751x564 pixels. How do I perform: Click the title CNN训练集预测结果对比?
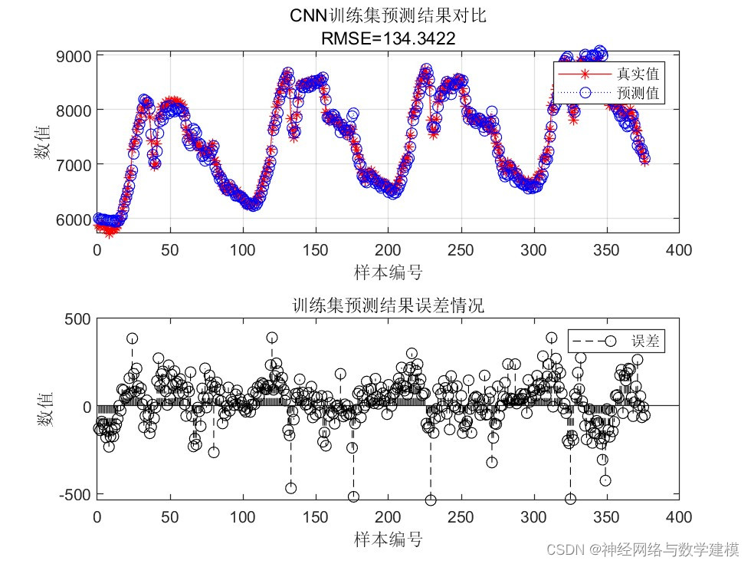[x=388, y=16]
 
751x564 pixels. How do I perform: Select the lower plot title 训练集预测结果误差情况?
[x=388, y=305]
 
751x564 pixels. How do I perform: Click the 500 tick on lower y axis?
[x=76, y=318]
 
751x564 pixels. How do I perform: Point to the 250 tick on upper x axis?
[x=461, y=250]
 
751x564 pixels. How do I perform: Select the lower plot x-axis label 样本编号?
[x=388, y=539]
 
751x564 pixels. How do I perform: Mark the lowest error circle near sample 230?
[x=431, y=500]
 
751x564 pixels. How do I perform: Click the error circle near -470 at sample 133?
[x=290, y=488]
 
